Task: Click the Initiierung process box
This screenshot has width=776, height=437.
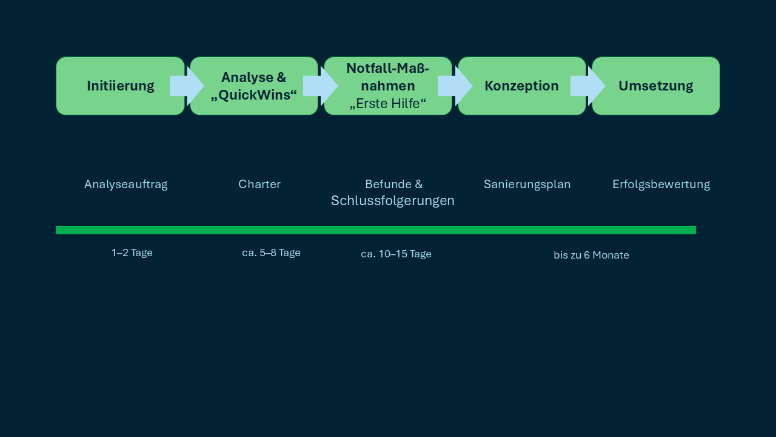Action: (x=120, y=86)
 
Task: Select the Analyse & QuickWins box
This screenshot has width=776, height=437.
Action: (x=254, y=86)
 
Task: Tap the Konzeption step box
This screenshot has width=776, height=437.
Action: (x=521, y=86)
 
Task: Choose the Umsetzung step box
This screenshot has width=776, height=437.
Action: (x=655, y=86)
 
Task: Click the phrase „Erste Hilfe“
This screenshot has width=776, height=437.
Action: (x=388, y=104)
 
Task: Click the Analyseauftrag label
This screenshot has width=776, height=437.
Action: (x=125, y=185)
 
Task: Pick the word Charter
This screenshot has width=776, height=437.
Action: (x=259, y=185)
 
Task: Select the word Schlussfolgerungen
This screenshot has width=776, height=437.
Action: (x=393, y=201)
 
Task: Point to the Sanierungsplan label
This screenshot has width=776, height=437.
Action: (x=527, y=185)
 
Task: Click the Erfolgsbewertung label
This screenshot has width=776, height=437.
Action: (x=661, y=185)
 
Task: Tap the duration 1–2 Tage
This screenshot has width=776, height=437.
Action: (x=132, y=253)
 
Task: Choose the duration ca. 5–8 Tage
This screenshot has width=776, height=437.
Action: (x=271, y=253)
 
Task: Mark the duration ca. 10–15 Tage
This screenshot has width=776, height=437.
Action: (x=396, y=254)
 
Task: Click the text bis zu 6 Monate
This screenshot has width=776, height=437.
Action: (x=591, y=256)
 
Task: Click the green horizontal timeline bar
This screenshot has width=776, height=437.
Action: (x=376, y=230)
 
